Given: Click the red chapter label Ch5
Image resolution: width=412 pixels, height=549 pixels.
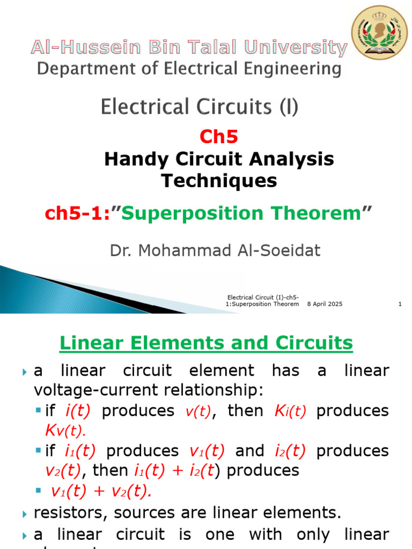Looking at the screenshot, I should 218,137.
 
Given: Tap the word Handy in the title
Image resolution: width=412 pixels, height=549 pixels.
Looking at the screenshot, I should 129,159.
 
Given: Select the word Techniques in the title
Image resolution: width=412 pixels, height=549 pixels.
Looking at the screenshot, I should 219,181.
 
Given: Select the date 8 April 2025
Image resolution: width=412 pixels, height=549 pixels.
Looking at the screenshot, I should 325,304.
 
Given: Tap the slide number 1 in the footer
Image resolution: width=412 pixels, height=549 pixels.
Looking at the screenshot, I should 400,304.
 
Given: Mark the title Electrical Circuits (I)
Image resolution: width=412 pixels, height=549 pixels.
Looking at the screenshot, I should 199,107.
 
